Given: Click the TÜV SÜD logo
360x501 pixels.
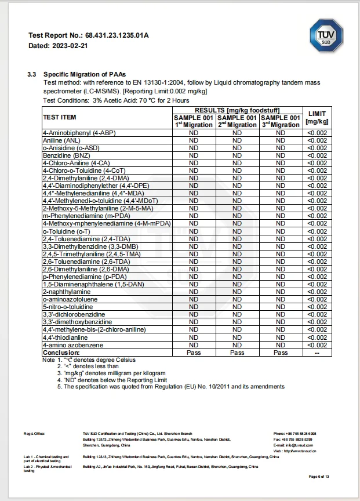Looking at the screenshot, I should [326, 37].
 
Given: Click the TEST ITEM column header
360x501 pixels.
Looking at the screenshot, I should [60, 117].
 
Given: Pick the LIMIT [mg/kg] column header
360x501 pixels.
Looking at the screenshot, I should [317, 117].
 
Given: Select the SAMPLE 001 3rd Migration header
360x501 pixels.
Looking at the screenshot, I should [281, 121].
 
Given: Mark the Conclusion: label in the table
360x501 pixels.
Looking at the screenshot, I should [61, 353].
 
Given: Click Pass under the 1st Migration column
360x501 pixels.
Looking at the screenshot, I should [194, 353].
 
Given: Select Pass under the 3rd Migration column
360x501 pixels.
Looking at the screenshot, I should [281, 353].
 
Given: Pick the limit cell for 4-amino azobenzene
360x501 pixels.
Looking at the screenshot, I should [317, 345].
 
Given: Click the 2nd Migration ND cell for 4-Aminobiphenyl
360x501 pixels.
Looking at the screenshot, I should [237, 133].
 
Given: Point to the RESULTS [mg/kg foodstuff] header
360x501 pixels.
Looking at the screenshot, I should [237, 110].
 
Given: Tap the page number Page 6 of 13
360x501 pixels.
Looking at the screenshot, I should [319, 477].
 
